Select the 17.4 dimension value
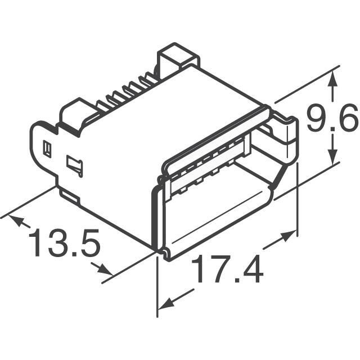click(x=227, y=270)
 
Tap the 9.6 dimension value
click(x=332, y=120)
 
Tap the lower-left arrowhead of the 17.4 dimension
click(x=165, y=304)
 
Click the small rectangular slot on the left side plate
click(x=48, y=148)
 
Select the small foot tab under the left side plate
click(x=70, y=196)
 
